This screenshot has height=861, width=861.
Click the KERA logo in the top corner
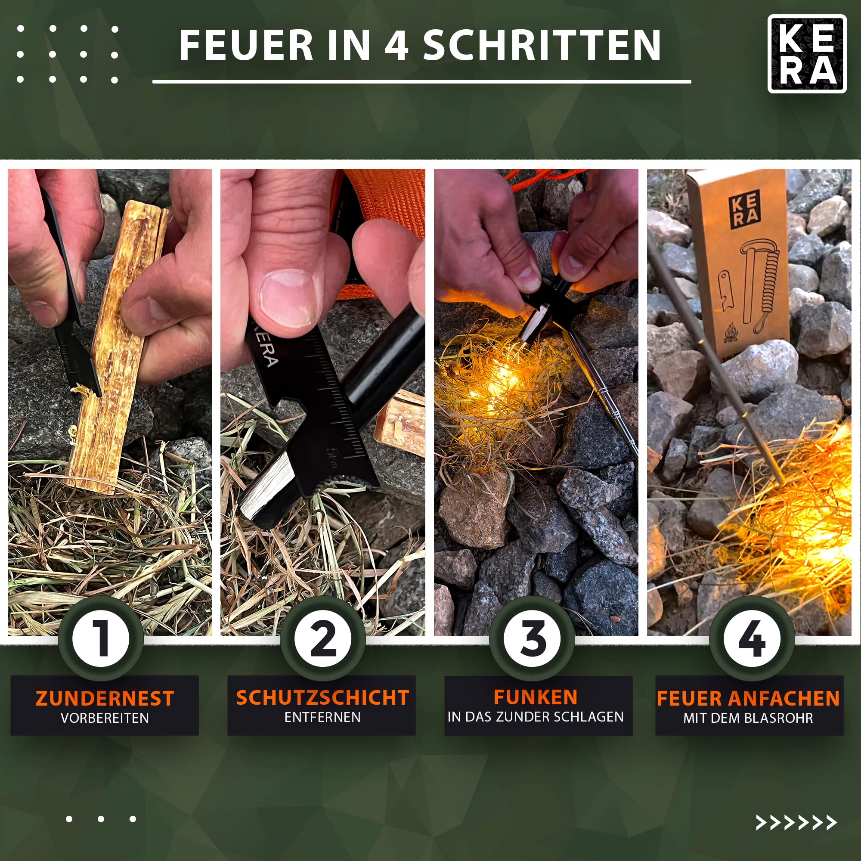[807, 54]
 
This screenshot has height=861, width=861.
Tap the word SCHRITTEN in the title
[542, 45]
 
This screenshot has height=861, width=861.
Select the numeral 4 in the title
[396, 45]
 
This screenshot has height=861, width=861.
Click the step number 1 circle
[101, 638]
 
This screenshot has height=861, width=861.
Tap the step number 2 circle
[322, 638]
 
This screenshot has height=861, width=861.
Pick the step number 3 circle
[532, 638]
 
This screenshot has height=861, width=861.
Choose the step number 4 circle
[752, 638]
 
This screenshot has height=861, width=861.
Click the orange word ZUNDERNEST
[105, 698]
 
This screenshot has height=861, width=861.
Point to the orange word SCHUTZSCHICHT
[322, 697]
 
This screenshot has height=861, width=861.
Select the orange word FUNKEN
[536, 697]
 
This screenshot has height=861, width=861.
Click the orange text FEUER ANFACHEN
[748, 698]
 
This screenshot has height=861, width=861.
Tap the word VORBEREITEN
[105, 719]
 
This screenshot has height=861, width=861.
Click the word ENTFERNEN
[322, 718]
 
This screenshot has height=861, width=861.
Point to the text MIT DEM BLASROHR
[748, 719]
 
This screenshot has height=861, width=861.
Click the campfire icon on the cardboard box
[731, 332]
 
